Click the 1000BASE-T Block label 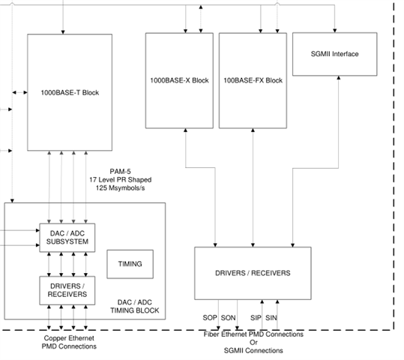pos(70,92)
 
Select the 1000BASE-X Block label pos(179,80)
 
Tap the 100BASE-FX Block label pos(253,80)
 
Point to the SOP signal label pos(209,318)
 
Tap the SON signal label pos(229,318)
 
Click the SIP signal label pos(256,318)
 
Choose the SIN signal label pos(271,318)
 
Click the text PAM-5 pos(121,172)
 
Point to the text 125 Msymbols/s pos(121,188)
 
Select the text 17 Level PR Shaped pos(121,180)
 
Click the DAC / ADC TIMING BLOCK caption pos(135,306)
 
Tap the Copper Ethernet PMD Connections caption pos(69,342)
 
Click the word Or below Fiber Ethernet pos(253,343)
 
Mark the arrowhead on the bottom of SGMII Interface pos(339,77)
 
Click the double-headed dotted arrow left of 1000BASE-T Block pos(19,92)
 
